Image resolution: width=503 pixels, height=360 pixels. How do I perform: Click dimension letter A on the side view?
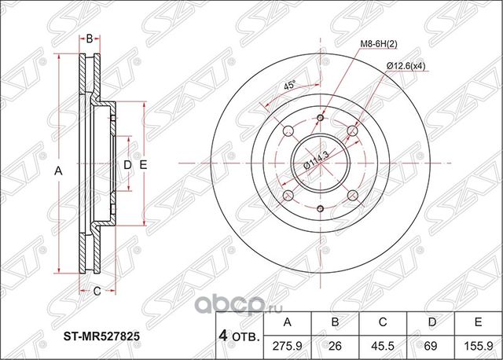point(58,168)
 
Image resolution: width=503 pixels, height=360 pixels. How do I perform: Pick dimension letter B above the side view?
point(90,38)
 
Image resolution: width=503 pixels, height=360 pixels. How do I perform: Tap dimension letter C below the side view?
point(97,292)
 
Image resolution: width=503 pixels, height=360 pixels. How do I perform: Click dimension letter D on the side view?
point(127,164)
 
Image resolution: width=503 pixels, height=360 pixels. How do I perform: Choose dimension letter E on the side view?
point(143,164)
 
